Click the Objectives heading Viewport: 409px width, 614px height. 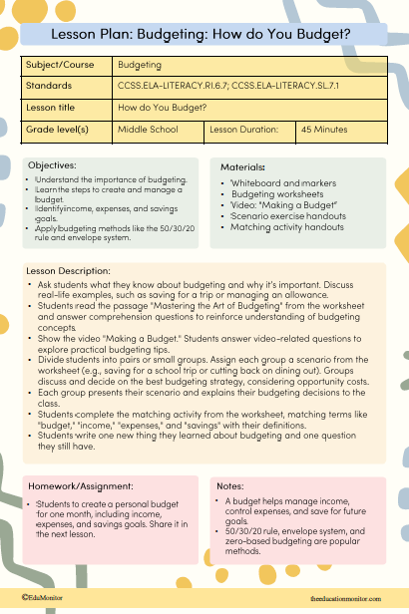coord(51,164)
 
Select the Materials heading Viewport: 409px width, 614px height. coord(242,166)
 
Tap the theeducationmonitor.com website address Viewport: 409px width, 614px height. coord(346,598)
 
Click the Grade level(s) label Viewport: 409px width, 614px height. coord(58,130)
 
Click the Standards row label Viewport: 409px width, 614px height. coord(49,86)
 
